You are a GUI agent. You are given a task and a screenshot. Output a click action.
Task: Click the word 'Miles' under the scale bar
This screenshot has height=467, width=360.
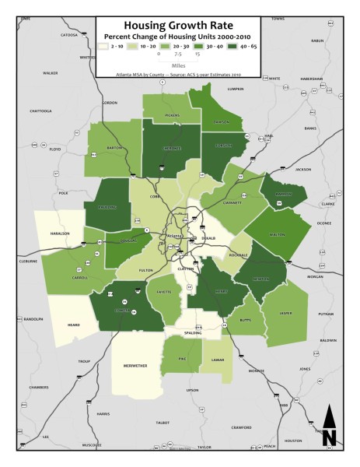click(178, 66)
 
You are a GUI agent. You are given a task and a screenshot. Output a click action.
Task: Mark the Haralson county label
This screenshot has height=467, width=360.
click(61, 233)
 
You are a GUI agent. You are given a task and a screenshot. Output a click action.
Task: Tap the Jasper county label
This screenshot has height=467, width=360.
click(285, 313)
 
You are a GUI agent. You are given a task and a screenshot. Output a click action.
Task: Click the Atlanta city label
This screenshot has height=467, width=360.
click(175, 237)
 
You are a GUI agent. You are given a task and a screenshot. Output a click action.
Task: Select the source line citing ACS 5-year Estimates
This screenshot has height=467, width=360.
click(178, 75)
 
